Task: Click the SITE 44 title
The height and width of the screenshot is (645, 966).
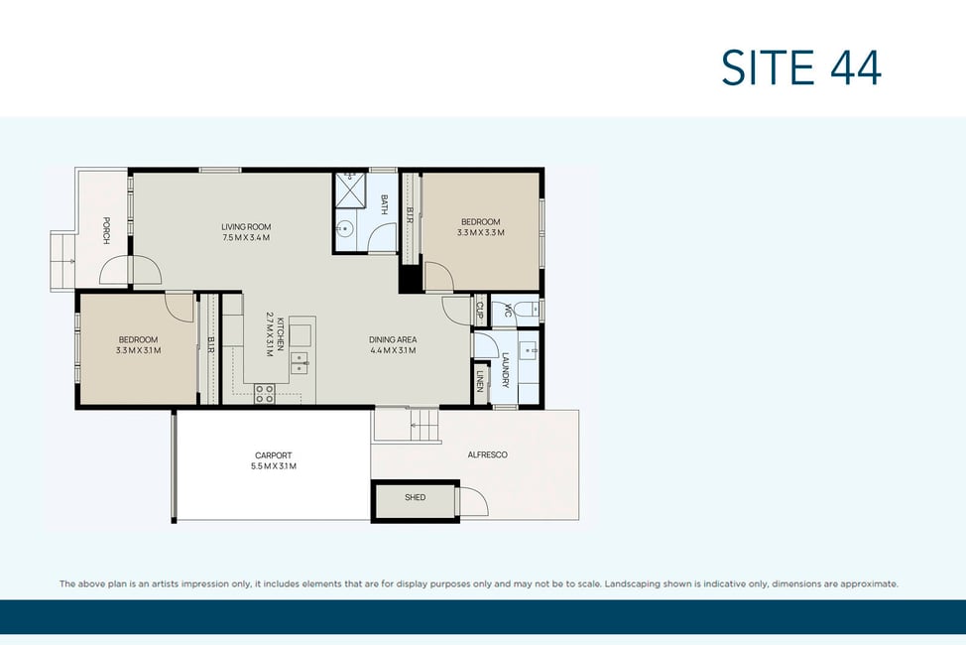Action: point(801,67)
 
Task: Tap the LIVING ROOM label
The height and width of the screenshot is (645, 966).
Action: point(246,227)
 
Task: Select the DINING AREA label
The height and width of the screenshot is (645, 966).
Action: point(393,339)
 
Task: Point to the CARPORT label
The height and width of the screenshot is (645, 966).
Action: point(274,455)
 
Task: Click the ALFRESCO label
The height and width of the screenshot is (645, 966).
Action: point(487,455)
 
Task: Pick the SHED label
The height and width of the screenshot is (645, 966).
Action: point(416,497)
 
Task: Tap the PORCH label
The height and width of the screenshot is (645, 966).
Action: point(106,230)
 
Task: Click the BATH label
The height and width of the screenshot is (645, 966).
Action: point(385,204)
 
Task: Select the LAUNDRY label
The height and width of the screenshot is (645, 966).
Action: point(506,370)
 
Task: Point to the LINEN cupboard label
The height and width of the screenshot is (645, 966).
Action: point(480,381)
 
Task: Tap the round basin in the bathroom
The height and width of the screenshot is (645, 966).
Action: point(345,229)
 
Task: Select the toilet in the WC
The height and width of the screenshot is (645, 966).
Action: point(526,311)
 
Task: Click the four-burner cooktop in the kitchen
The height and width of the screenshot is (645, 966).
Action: point(264,394)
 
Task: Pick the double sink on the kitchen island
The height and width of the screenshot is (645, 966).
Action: point(300,363)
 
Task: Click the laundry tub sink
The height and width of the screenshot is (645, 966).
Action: point(528,350)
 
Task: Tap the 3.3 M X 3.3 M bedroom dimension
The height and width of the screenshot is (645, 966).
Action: point(481,233)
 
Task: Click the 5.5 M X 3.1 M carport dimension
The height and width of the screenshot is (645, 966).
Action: point(274,466)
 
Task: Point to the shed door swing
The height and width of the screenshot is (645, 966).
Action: point(473,501)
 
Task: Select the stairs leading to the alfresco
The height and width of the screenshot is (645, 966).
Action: point(425,426)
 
